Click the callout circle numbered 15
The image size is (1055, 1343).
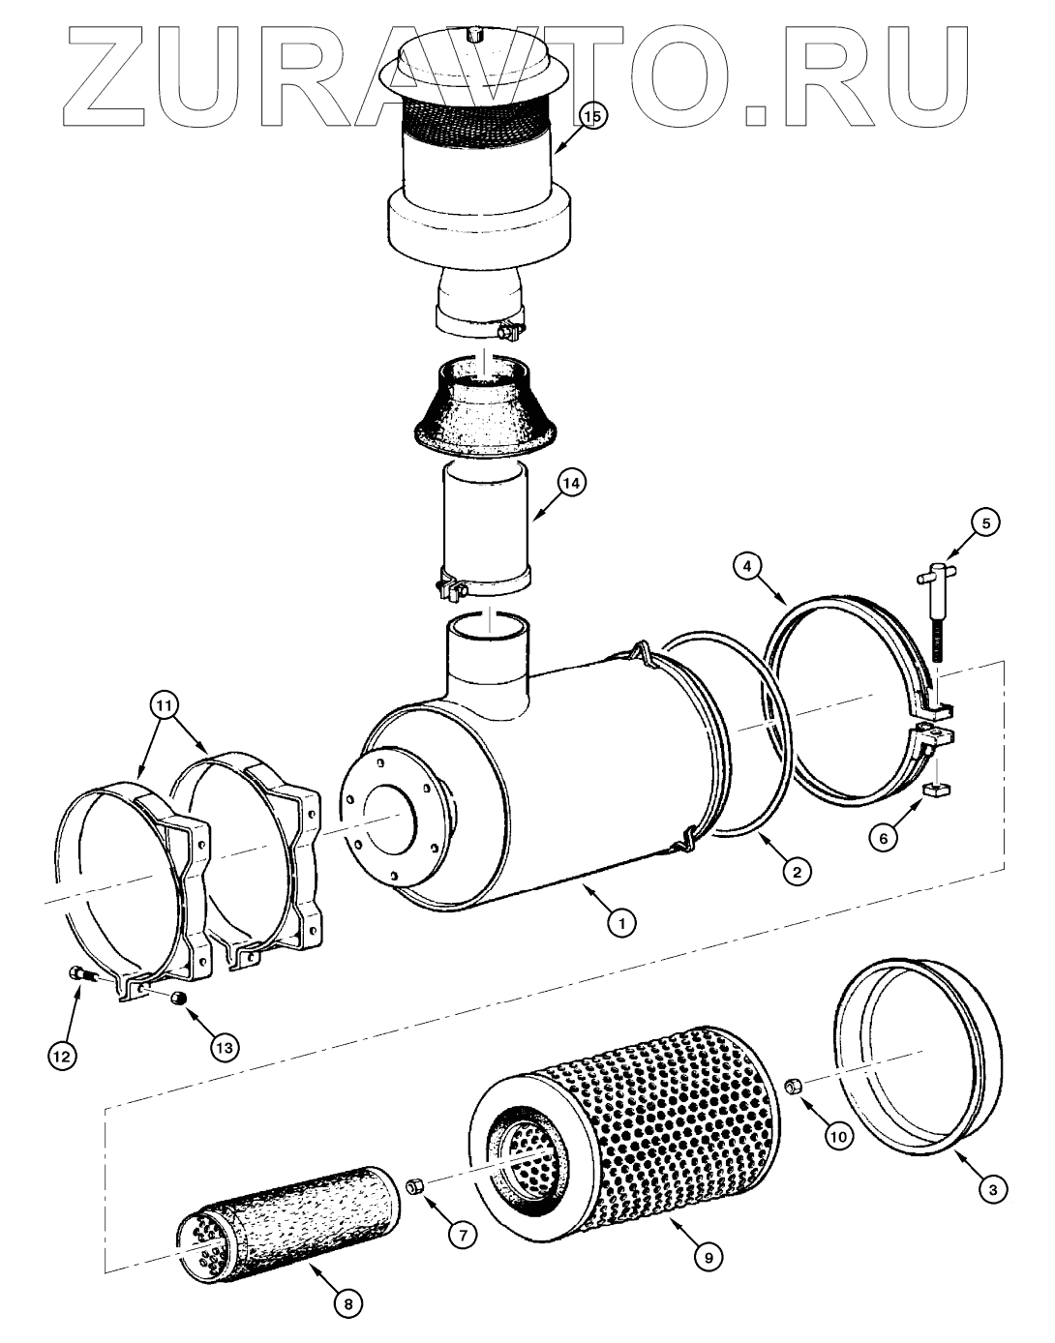pos(591,117)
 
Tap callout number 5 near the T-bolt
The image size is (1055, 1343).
pos(985,523)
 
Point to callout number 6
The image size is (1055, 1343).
pos(883,838)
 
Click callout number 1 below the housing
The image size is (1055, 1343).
pos(621,922)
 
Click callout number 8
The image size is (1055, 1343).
pos(349,1304)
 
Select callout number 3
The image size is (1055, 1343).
pos(989,1189)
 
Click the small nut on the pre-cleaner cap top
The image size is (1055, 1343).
pos(472,36)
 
